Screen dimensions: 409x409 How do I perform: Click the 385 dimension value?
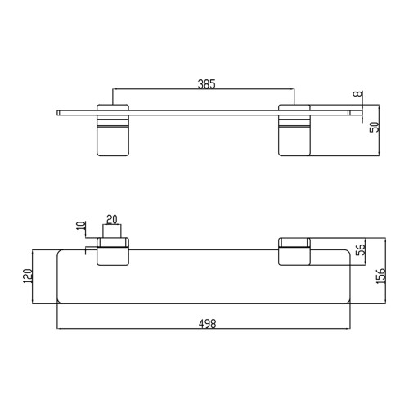[206, 84]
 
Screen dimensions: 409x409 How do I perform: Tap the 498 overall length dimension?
[207, 324]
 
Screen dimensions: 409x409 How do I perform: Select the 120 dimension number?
[28, 276]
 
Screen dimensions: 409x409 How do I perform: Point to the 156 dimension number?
[380, 276]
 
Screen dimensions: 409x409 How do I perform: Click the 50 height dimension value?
[375, 127]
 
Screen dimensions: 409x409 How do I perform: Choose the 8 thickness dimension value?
[357, 93]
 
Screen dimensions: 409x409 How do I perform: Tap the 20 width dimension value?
[112, 219]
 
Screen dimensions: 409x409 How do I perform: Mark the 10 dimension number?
[81, 226]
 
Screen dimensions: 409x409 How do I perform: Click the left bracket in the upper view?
[113, 130]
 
